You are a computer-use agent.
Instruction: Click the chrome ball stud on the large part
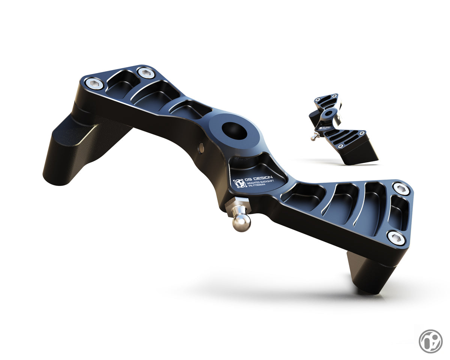[241, 222]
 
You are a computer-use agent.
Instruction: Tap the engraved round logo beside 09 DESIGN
[239, 183]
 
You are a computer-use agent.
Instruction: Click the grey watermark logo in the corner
[430, 341]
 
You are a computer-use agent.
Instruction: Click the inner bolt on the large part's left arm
[145, 72]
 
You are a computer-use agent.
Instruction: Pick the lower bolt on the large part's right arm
[396, 238]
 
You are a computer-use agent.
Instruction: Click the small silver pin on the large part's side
[201, 148]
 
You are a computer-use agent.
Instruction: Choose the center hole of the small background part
[329, 113]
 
